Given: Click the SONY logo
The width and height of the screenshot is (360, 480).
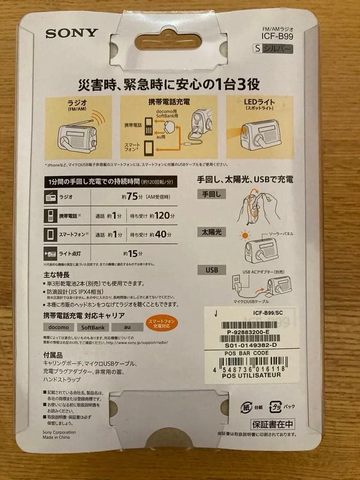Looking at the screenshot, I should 72,32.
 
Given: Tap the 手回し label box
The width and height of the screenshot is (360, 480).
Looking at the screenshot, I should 212,194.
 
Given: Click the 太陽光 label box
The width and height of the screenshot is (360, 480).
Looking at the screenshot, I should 212,232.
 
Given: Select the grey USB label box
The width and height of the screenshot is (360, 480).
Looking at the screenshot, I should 212,270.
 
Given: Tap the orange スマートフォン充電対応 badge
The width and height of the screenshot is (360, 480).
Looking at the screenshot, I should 162,324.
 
